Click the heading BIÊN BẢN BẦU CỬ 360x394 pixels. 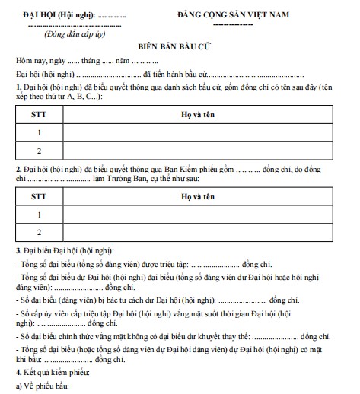tap(180, 45)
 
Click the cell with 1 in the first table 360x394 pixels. tap(38, 132)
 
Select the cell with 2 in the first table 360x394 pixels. tap(38, 150)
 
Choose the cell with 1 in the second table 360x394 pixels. tap(38, 214)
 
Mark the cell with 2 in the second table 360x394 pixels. tap(38, 233)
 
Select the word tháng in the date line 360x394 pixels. tap(91, 60)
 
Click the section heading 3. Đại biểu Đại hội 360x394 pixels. tap(65, 250)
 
